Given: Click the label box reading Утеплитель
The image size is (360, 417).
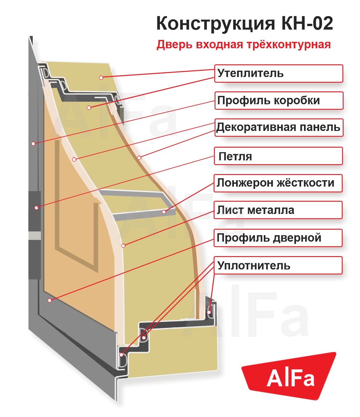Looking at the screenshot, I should (x=278, y=73).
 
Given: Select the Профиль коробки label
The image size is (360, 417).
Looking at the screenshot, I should (x=279, y=100).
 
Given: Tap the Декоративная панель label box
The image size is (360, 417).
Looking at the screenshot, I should (x=279, y=127).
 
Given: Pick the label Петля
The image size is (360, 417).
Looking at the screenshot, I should (x=278, y=156).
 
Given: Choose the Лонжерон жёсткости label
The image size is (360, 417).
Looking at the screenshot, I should (x=278, y=183).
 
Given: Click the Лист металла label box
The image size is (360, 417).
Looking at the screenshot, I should (x=278, y=210).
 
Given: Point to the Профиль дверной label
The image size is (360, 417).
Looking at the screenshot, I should (x=278, y=238).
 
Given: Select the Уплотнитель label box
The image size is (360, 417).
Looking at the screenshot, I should (x=278, y=265).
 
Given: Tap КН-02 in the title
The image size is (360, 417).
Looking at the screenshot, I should (x=307, y=23).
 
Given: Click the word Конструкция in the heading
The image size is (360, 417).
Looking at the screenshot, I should (x=216, y=23).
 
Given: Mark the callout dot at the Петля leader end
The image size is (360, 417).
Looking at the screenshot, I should (x=37, y=208).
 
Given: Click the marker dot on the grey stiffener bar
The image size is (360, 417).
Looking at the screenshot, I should (x=164, y=212).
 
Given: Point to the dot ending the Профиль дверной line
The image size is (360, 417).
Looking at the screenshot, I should (x=50, y=300).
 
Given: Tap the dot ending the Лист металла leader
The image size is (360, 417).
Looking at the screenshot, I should (x=123, y=246).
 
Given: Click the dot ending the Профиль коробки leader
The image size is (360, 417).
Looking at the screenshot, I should (x=33, y=144).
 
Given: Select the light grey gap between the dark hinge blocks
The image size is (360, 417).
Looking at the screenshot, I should (x=35, y=236).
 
